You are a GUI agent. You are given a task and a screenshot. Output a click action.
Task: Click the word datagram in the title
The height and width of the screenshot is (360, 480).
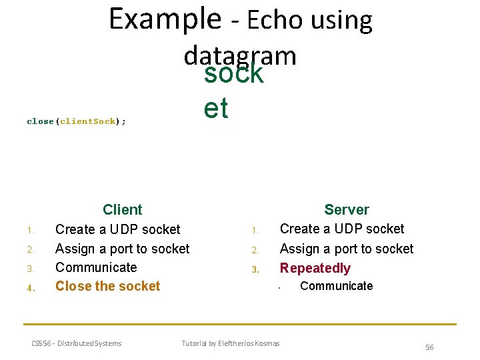240,55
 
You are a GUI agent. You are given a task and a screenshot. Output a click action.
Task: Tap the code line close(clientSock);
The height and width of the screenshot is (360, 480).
77,121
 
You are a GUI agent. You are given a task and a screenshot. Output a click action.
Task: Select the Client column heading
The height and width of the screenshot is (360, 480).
123,210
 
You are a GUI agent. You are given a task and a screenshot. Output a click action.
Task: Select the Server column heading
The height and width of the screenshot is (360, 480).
347,210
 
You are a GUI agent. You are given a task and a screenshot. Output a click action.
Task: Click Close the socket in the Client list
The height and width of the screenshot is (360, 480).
108,286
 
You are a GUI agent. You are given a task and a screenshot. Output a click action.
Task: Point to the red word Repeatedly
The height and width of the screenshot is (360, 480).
315,268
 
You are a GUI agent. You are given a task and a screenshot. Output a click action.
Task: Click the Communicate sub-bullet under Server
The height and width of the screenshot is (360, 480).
337,286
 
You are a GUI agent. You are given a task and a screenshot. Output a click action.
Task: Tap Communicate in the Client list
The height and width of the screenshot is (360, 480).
96,267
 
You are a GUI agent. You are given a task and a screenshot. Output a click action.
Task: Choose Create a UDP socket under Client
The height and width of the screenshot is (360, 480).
117,229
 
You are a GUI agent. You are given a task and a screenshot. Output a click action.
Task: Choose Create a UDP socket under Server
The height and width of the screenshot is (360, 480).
342,229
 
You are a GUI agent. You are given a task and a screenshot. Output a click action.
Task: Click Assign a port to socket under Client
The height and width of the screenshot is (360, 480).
122,249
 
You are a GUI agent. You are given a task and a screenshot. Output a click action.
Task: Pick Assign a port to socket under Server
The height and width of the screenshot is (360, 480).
347,249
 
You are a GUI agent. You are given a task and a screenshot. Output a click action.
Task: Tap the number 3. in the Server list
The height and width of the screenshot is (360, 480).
255,270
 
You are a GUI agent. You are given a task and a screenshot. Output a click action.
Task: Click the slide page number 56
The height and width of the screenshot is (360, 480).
429,347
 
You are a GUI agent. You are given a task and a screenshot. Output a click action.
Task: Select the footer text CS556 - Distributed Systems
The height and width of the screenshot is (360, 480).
77,343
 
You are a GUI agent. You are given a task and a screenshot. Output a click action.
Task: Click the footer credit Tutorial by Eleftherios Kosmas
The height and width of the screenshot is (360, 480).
231,343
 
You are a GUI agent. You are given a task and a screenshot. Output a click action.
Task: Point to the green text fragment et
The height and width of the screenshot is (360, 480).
216,108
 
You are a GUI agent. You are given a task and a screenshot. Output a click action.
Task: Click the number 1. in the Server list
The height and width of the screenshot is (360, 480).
255,231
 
